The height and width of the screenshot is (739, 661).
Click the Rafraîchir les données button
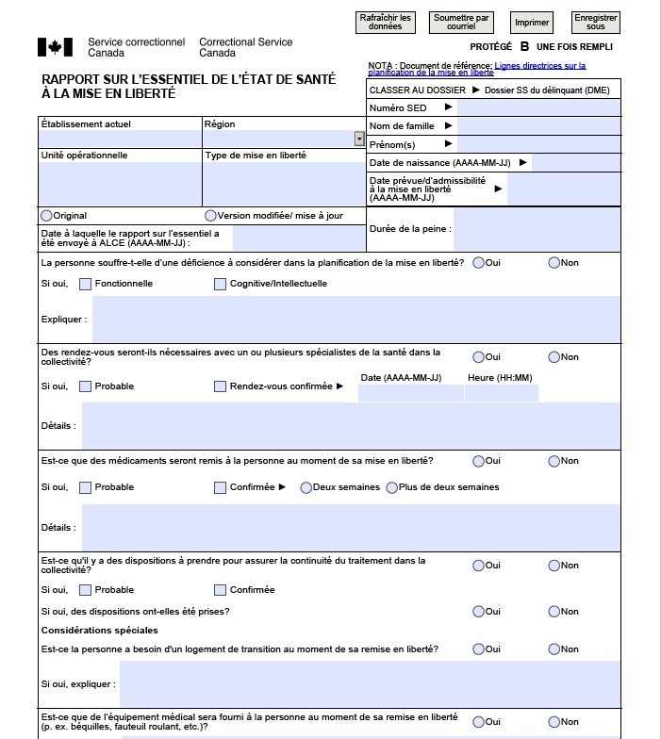[x=387, y=22]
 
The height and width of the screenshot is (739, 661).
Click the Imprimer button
[x=532, y=22]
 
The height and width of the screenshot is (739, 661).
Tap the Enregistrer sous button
[x=596, y=22]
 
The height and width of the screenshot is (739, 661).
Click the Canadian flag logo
[x=55, y=47]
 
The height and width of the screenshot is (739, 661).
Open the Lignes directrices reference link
[x=476, y=69]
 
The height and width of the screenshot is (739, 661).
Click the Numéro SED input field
[x=538, y=107]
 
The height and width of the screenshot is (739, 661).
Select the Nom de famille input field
[x=538, y=125]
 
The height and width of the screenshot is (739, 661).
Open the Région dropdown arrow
[x=359, y=139]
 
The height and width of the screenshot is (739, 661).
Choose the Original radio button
[x=46, y=216]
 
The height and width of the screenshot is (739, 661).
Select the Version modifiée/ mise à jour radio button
[x=210, y=216]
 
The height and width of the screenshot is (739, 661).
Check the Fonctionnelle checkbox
[x=86, y=284]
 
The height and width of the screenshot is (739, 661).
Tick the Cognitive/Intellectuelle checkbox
[x=221, y=284]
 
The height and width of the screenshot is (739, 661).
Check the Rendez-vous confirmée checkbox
[x=221, y=386]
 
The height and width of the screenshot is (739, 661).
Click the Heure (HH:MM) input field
[x=501, y=393]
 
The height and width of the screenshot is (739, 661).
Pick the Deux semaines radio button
[x=306, y=487]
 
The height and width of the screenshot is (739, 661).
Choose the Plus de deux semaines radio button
[x=391, y=487]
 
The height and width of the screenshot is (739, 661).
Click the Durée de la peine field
[x=537, y=229]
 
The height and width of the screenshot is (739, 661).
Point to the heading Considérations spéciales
[x=100, y=630]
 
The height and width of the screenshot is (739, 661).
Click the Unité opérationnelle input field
[x=120, y=183]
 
